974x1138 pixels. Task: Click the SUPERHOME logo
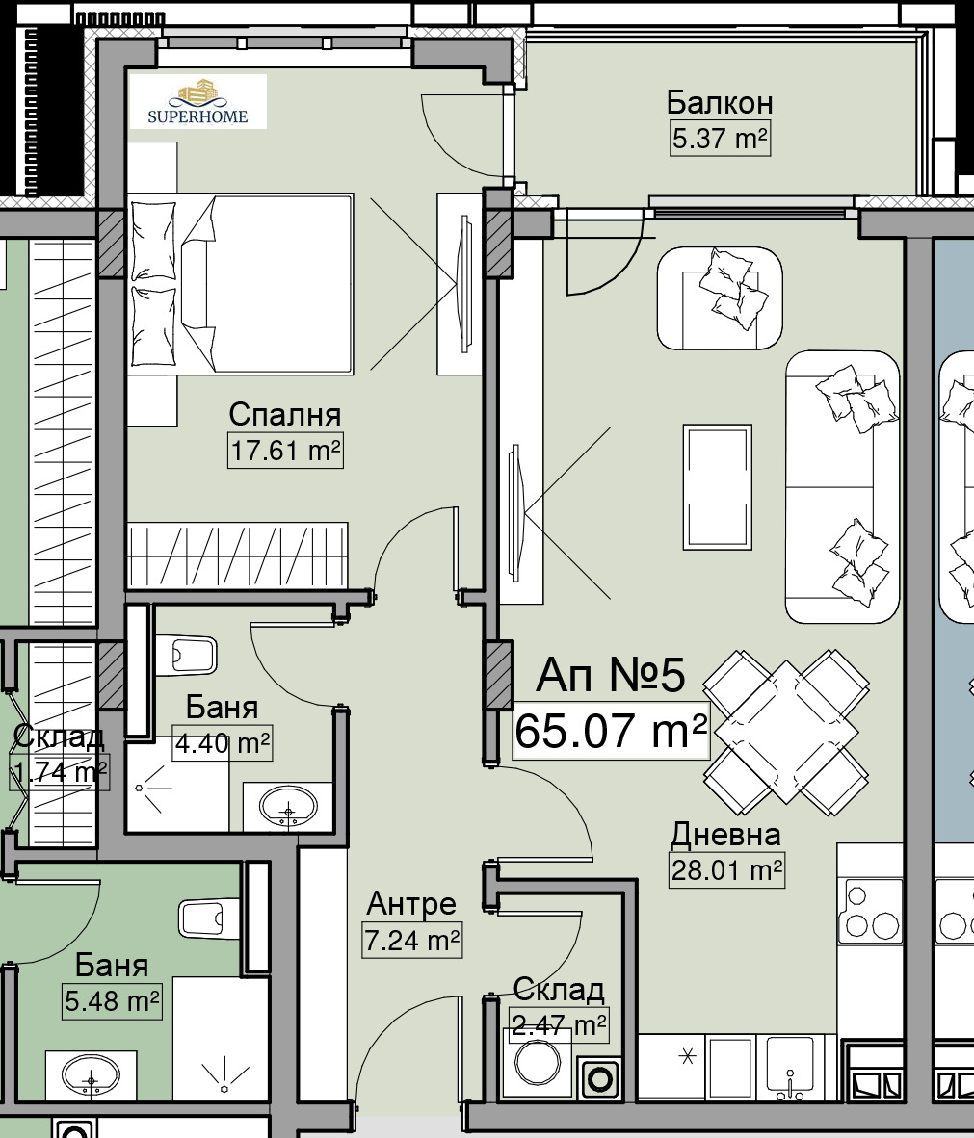click(x=197, y=102)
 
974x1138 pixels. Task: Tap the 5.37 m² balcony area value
click(x=720, y=138)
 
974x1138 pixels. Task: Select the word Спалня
click(x=285, y=414)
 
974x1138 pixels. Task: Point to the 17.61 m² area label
click(x=285, y=450)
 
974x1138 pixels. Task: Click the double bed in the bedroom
click(x=241, y=284)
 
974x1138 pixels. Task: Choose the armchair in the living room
click(x=720, y=298)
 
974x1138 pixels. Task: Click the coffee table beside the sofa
click(x=717, y=487)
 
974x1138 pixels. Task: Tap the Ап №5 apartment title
click(x=610, y=676)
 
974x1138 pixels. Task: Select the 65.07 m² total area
click(x=611, y=730)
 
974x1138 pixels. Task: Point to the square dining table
click(x=786, y=732)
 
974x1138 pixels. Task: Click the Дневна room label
click(x=724, y=835)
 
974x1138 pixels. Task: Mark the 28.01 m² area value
click(x=726, y=870)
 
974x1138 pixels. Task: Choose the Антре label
click(x=411, y=904)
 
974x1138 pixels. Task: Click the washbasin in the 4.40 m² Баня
click(x=288, y=806)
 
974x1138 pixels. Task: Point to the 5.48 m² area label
click(x=112, y=1001)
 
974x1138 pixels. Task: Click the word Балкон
click(x=720, y=103)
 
